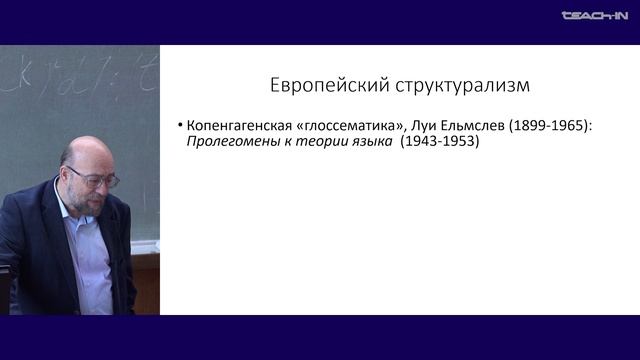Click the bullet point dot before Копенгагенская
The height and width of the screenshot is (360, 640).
[x=179, y=126]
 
